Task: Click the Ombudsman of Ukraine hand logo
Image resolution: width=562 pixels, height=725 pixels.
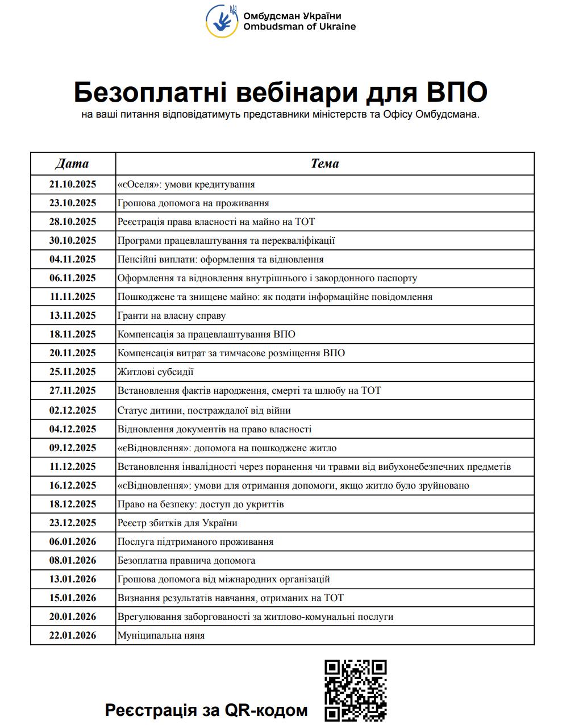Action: coord(222,21)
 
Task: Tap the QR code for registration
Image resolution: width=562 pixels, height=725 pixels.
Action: coord(356,691)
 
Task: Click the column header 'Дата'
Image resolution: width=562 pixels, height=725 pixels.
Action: coord(72,164)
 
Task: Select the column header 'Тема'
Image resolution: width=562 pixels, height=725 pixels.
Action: coord(324,164)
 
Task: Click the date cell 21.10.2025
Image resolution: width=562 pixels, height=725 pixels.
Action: coord(73,184)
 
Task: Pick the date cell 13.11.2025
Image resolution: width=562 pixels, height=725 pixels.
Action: coord(73,315)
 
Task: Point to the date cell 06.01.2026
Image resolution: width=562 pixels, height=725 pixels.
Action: coord(73,541)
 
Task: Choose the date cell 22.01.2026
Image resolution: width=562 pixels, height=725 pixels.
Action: coord(73,635)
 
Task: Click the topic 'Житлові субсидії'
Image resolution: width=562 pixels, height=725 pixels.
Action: coord(156,372)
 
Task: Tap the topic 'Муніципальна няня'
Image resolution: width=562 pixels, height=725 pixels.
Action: coord(161,635)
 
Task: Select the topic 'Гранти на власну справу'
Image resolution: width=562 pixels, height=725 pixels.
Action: coord(172,315)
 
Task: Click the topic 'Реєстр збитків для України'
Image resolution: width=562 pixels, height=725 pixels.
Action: coord(177,523)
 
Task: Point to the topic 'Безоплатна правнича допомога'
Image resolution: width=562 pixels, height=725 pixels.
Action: coord(186,560)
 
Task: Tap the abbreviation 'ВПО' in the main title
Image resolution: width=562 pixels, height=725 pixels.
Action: coord(455,92)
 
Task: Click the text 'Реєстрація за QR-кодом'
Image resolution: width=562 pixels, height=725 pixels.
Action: coord(206,710)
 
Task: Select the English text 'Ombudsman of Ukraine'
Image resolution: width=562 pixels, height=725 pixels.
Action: coord(299,26)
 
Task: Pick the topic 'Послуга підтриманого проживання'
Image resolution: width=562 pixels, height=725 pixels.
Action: coord(195,541)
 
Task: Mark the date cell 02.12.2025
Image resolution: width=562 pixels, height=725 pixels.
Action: coord(73,410)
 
